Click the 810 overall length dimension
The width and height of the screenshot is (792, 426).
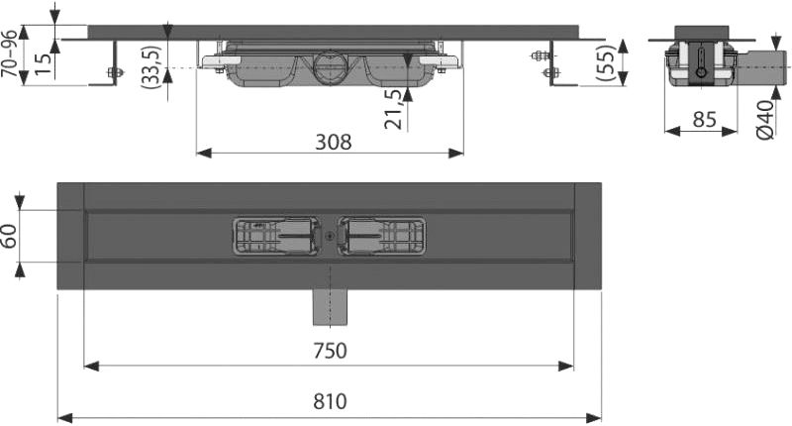330,402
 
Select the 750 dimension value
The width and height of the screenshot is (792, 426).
330,351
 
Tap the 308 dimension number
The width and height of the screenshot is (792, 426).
334,143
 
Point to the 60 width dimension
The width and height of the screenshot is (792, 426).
11,236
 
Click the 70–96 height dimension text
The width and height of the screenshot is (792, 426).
9,53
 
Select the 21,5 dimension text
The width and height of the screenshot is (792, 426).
394,110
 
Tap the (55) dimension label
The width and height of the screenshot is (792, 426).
606,62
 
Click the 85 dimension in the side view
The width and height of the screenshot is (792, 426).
704,120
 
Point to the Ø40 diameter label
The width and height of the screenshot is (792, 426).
765,119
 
